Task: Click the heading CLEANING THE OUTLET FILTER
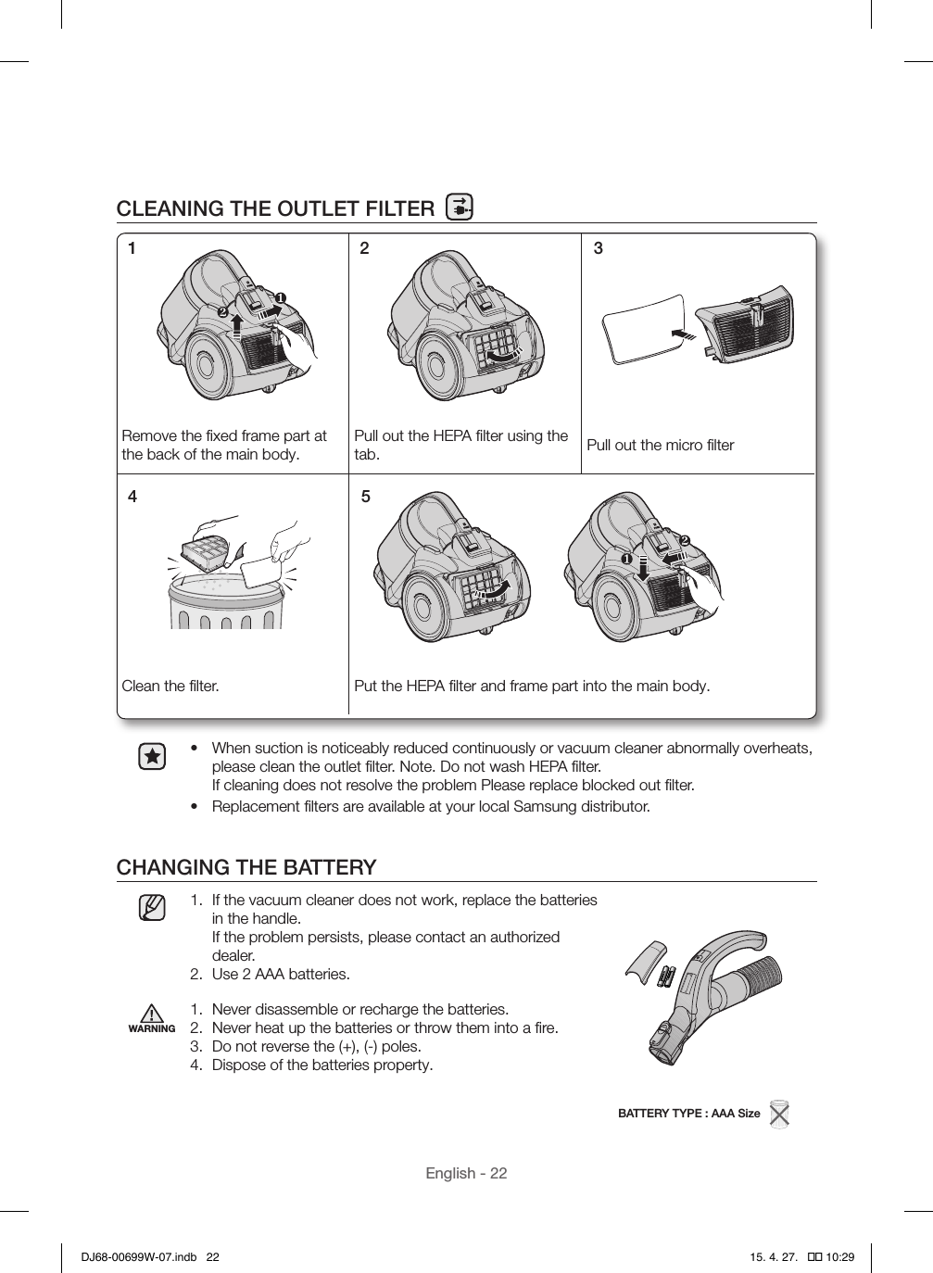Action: (x=274, y=208)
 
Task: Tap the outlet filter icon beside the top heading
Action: (x=459, y=208)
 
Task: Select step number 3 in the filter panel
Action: (x=599, y=248)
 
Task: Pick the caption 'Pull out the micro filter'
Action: (x=660, y=446)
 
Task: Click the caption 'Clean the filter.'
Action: (x=170, y=687)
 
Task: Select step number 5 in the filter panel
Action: (x=365, y=497)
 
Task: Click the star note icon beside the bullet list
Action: (x=152, y=757)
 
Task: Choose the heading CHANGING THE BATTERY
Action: (x=246, y=867)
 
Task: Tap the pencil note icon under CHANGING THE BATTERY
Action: (x=152, y=907)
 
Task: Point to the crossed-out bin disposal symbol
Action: (x=779, y=1114)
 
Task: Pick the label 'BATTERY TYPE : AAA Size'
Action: (x=688, y=1113)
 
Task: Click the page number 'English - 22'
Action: (x=466, y=1173)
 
